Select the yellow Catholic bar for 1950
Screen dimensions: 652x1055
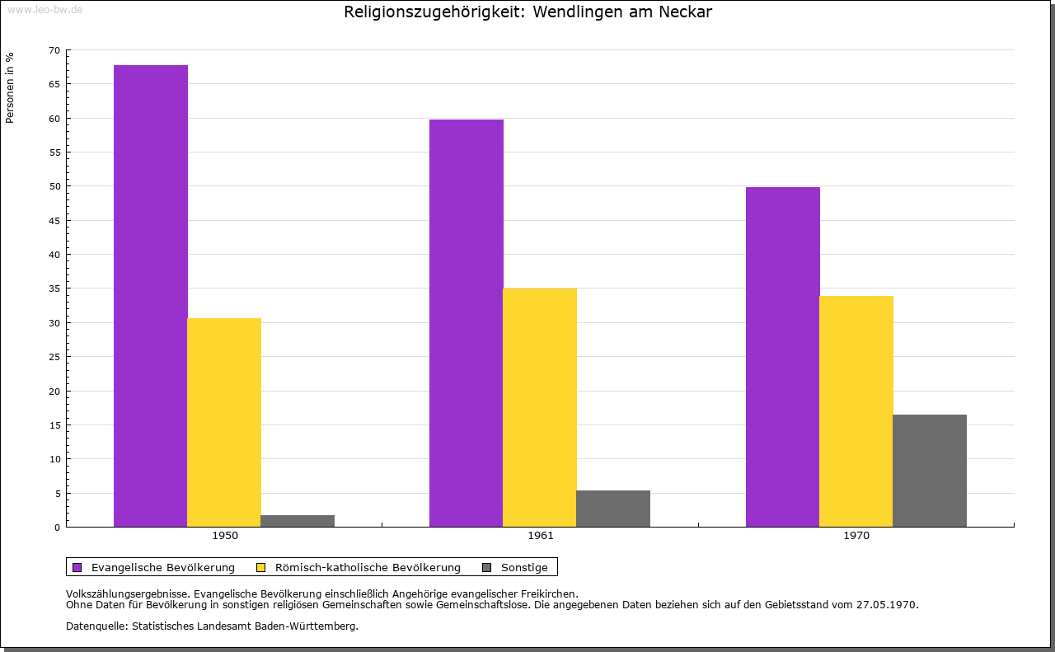224,422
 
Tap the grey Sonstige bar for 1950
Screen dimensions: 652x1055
298,521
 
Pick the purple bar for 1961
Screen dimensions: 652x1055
467,323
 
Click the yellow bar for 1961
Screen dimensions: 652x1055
540,407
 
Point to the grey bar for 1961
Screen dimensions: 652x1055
613,509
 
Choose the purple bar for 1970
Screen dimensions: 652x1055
783,357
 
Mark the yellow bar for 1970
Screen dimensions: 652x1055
856,411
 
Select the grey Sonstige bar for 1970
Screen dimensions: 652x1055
930,471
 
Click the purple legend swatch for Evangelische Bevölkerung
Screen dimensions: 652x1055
77,567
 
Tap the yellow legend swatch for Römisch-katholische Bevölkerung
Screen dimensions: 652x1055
261,567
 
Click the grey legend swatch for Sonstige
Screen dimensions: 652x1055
486,567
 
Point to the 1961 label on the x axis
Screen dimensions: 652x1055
541,536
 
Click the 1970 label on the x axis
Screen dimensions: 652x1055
856,536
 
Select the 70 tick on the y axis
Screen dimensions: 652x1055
54,50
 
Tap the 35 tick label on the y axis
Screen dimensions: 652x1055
54,288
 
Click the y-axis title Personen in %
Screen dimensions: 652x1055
10,87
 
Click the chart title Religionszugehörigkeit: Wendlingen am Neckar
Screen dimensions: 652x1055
527,12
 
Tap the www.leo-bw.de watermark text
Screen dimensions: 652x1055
45,8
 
